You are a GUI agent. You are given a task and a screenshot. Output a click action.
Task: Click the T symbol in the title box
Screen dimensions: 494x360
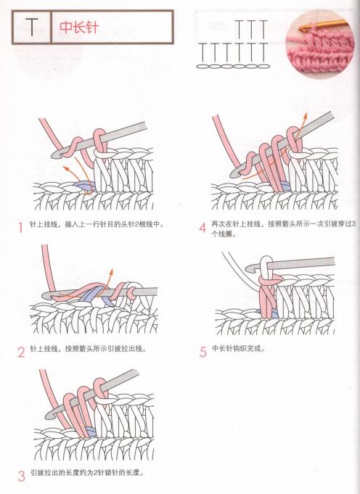point(32,28)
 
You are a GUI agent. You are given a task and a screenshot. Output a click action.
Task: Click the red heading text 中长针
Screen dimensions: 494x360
point(78,28)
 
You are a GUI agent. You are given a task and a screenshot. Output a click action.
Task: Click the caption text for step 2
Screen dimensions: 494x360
point(87,350)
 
